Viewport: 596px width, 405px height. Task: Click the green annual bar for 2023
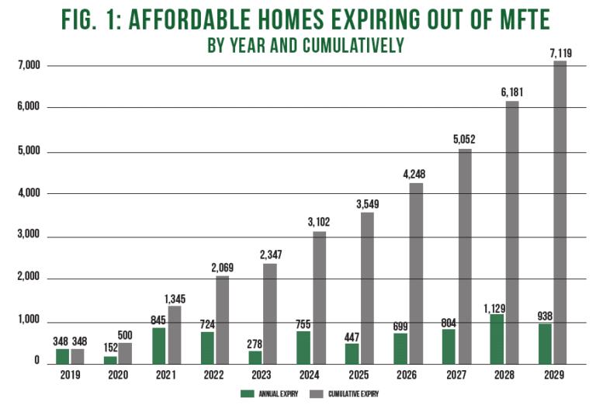pyautogui.click(x=255, y=357)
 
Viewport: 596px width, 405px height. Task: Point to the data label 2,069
pyautogui.click(x=223, y=268)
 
